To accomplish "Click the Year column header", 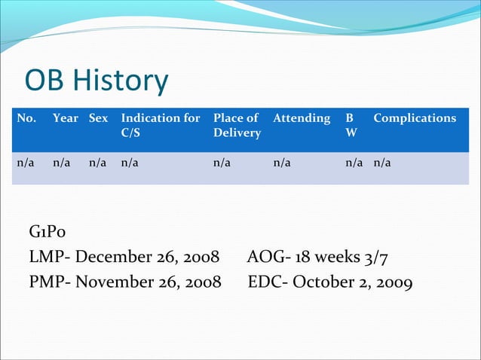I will tap(66, 118).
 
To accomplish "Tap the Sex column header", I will tap(99, 118).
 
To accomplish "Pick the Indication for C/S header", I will tap(160, 125).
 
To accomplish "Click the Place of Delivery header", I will tap(237, 125).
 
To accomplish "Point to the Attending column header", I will tap(302, 118).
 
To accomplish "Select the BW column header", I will tap(351, 125).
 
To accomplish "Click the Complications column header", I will tap(415, 118).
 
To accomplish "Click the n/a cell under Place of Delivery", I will tap(222, 160).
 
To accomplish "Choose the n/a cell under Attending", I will tap(282, 160).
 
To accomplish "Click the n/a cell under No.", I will tap(26, 160).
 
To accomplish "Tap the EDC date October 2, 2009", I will tap(352, 283).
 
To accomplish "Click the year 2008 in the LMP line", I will tap(201, 258).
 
